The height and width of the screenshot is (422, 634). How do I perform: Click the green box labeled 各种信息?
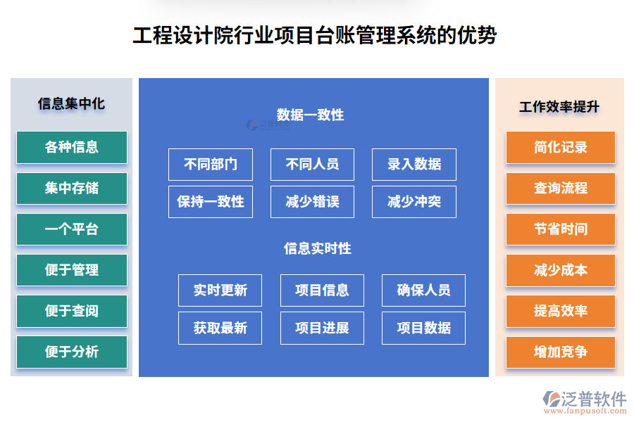click(x=72, y=147)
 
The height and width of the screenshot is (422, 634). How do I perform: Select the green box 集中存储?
click(x=72, y=188)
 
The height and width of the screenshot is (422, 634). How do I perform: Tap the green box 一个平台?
click(x=72, y=229)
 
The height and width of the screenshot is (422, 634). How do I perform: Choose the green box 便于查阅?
click(x=72, y=311)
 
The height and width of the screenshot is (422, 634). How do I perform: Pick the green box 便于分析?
click(x=72, y=352)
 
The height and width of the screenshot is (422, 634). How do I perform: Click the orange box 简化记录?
click(x=561, y=147)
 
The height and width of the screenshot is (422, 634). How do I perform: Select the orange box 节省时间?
click(x=561, y=229)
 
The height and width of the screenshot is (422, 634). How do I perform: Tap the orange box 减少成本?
click(x=561, y=270)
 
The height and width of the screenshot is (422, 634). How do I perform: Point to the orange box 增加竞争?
click(x=561, y=352)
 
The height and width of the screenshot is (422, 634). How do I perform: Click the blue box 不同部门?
click(x=211, y=165)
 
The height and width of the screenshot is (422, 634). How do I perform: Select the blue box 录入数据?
click(x=414, y=165)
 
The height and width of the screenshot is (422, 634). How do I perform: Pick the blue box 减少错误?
click(x=312, y=202)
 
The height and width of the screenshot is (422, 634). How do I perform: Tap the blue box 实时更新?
click(x=220, y=290)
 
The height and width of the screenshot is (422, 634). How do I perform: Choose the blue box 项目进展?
click(x=322, y=328)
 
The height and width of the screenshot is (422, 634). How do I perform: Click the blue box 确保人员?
click(x=423, y=290)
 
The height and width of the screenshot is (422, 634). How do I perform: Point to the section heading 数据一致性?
click(x=310, y=115)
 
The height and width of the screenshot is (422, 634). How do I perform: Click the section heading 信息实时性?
click(x=318, y=248)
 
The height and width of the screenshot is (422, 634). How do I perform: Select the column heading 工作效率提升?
click(x=559, y=107)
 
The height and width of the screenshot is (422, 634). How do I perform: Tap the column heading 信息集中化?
click(x=71, y=104)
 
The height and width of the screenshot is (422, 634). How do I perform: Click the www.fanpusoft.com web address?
click(x=585, y=411)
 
